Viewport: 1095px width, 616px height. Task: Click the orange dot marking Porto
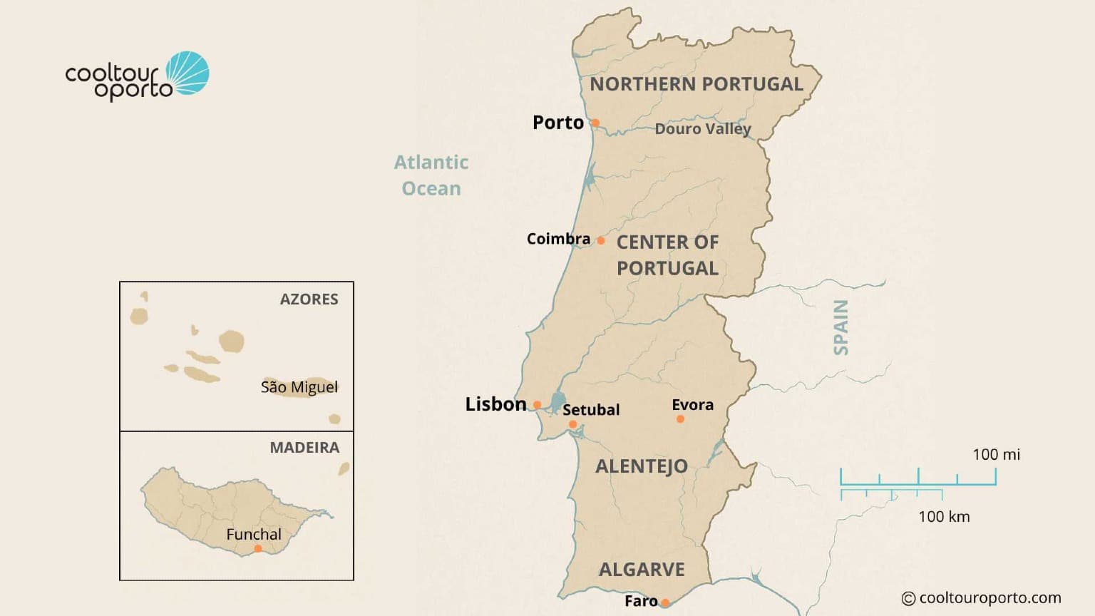pyautogui.click(x=595, y=123)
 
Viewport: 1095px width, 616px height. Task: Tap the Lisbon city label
pyautogui.click(x=495, y=404)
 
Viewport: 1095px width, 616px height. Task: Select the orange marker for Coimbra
pyautogui.click(x=601, y=241)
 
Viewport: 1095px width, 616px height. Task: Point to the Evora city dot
pyautogui.click(x=680, y=419)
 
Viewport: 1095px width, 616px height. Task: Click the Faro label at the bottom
pyautogui.click(x=641, y=601)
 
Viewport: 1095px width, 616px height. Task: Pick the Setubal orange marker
pyautogui.click(x=572, y=424)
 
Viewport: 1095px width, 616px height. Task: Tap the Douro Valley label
pyautogui.click(x=703, y=129)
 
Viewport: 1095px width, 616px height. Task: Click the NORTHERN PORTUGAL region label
pyautogui.click(x=696, y=84)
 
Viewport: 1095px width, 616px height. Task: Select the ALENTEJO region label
pyautogui.click(x=642, y=466)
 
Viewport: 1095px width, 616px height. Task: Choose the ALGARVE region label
pyautogui.click(x=642, y=570)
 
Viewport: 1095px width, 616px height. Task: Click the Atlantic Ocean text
pyautogui.click(x=431, y=175)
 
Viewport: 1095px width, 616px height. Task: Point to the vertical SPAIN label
pyautogui.click(x=841, y=327)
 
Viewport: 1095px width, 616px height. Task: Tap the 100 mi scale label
pyautogui.click(x=996, y=454)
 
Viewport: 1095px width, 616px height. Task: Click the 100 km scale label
pyautogui.click(x=944, y=516)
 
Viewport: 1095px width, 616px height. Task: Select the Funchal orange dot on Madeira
pyautogui.click(x=258, y=548)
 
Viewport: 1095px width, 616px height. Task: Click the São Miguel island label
pyautogui.click(x=299, y=387)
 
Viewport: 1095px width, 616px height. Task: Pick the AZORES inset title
pyautogui.click(x=309, y=299)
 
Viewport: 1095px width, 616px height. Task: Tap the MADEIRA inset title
pyautogui.click(x=304, y=448)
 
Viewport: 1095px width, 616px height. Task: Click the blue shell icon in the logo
pyautogui.click(x=188, y=73)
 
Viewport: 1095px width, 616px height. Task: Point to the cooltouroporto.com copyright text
pyautogui.click(x=982, y=597)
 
